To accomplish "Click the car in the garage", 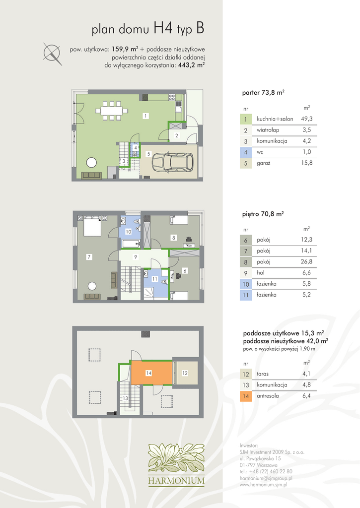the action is (172, 161).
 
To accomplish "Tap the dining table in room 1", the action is (112, 111).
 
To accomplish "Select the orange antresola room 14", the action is (151, 373).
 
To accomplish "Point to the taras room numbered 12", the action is (186, 373).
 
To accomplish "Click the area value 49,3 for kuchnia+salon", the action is (306, 119).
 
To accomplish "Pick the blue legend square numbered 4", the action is (245, 152).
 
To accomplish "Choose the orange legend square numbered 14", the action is (245, 396).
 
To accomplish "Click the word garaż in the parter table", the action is (263, 163).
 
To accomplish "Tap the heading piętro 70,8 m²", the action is (263, 214).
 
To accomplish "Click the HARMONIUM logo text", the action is (176, 480).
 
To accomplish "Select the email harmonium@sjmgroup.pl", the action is (266, 478).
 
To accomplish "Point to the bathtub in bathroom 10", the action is (131, 243).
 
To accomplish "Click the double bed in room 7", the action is (92, 226).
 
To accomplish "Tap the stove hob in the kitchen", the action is (172, 97).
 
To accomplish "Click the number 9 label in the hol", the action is (136, 257).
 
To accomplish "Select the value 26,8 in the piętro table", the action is (306, 262).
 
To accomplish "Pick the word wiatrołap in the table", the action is (268, 130).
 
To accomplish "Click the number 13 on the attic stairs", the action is (125, 398).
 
